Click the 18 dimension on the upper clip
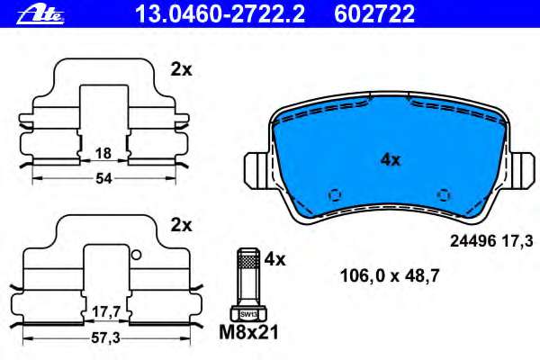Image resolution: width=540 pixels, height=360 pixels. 103,154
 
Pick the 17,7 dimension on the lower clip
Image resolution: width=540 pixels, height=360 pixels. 106,312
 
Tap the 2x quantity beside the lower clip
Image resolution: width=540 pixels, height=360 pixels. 182,224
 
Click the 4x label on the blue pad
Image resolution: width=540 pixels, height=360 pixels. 390,160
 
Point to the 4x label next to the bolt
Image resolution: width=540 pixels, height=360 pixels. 274,260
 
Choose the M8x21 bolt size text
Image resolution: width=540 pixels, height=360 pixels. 249,332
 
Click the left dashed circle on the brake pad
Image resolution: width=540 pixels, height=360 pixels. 335,194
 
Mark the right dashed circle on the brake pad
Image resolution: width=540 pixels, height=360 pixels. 443,194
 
